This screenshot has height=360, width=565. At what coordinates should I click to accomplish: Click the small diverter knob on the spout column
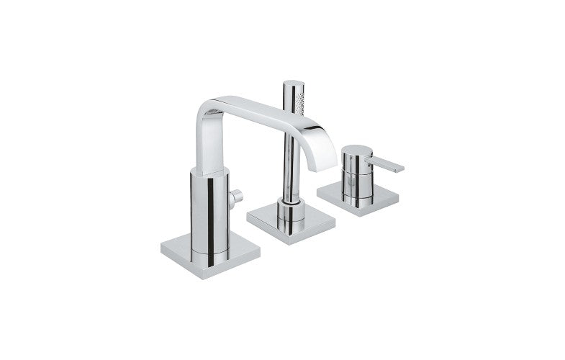click(x=235, y=196)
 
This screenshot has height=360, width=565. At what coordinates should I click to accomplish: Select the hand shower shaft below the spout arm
click(x=289, y=166)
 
